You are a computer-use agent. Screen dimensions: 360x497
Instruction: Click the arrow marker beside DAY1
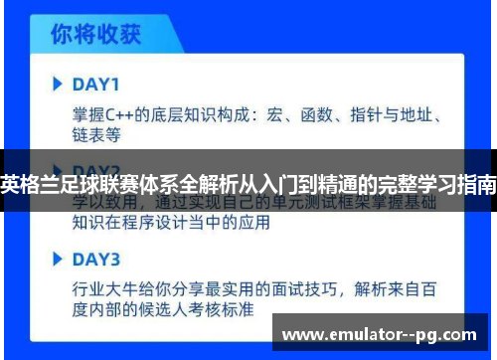tap(58, 83)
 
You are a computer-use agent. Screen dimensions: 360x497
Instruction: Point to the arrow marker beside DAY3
tap(58, 261)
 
